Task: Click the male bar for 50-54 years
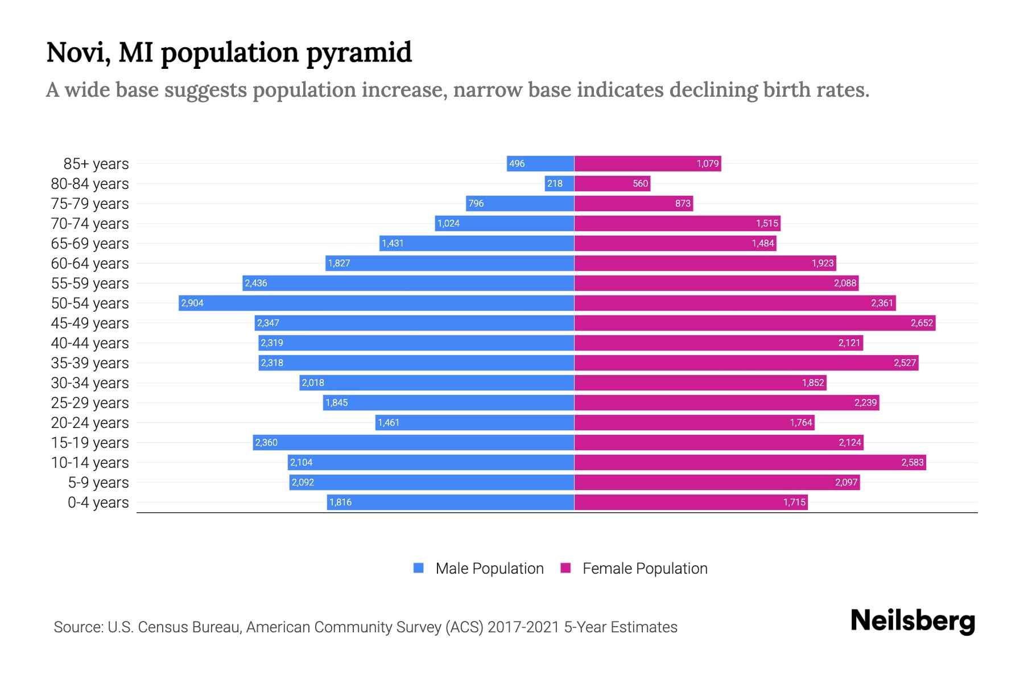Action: [375, 303]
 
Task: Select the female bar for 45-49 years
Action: [754, 323]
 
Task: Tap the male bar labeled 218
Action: [559, 183]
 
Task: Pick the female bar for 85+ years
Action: [647, 163]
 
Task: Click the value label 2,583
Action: [912, 462]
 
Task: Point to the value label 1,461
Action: [389, 422]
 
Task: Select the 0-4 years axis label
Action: [98, 503]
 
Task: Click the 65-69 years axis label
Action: [90, 244]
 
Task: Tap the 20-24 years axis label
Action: [90, 423]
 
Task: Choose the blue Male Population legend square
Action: [419, 568]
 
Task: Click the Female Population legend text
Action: [645, 569]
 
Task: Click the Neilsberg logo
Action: [912, 621]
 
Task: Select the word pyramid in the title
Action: [358, 52]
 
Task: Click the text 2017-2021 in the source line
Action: [523, 627]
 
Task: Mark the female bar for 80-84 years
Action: [612, 183]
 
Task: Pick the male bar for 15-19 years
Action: [414, 442]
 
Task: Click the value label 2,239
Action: [865, 402]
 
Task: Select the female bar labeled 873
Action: [633, 203]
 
